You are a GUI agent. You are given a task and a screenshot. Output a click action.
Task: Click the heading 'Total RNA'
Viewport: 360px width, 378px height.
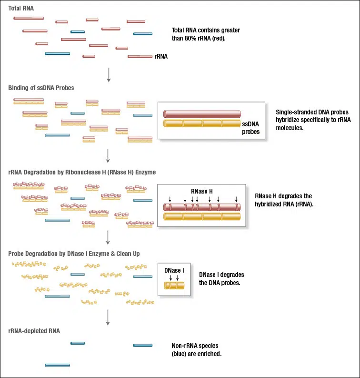tap(21, 9)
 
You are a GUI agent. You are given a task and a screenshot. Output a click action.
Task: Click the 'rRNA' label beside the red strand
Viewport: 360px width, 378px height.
tap(161, 56)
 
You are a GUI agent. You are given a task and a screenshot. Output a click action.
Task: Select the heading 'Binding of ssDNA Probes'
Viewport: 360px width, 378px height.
tap(41, 88)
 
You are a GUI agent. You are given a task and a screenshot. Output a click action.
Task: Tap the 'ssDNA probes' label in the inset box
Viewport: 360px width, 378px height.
tap(250, 128)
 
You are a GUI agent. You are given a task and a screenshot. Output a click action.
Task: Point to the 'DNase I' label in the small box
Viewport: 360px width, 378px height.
tap(174, 270)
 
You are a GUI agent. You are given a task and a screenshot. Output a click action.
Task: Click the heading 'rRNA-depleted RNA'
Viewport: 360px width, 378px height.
tap(34, 331)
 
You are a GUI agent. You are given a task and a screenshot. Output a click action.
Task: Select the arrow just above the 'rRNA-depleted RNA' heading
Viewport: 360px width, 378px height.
tap(109, 317)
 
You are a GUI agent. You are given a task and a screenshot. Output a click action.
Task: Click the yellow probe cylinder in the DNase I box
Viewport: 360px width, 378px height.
tap(174, 286)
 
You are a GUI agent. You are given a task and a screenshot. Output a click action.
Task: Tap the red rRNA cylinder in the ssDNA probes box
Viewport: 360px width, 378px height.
tap(202, 114)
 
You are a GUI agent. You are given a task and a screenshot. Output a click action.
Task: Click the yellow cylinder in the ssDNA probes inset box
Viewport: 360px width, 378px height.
tap(202, 123)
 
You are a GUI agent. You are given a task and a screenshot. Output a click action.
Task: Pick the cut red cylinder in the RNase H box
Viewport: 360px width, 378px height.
tap(202, 207)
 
